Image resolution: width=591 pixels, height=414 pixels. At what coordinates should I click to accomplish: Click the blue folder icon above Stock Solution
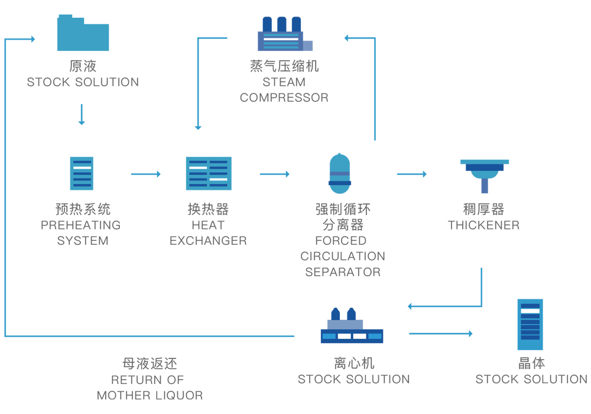point(83,33)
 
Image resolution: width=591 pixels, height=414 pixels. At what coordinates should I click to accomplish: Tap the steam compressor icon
point(282,34)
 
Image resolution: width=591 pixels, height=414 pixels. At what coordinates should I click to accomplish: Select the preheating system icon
point(82,173)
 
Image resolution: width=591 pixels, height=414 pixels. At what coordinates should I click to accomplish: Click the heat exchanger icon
point(209,173)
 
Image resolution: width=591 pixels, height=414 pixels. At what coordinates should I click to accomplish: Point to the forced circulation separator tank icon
point(340,173)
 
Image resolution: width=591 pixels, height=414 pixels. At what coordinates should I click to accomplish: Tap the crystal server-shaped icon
point(530,324)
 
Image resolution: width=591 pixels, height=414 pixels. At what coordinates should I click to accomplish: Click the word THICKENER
point(483,225)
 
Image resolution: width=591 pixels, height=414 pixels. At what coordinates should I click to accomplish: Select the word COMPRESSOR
point(284,98)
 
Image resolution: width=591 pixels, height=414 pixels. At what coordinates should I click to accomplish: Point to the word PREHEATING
point(80,225)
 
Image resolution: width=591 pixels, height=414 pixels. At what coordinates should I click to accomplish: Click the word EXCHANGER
point(208,241)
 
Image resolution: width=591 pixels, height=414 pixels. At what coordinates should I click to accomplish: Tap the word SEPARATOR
point(343,272)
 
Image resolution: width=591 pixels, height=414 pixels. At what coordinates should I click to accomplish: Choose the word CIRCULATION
point(343,257)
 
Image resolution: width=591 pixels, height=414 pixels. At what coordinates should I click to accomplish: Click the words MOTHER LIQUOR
point(150,395)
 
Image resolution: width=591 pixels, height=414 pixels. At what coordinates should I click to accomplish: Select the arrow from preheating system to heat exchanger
point(145,174)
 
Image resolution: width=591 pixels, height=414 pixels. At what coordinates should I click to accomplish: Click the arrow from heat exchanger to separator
point(274,174)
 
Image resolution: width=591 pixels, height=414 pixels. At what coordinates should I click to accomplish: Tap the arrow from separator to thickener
point(411,174)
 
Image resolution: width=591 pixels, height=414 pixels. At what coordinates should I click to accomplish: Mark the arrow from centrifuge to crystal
point(440,334)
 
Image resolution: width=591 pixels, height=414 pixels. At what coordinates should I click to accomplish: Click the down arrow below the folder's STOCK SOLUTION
point(82,115)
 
